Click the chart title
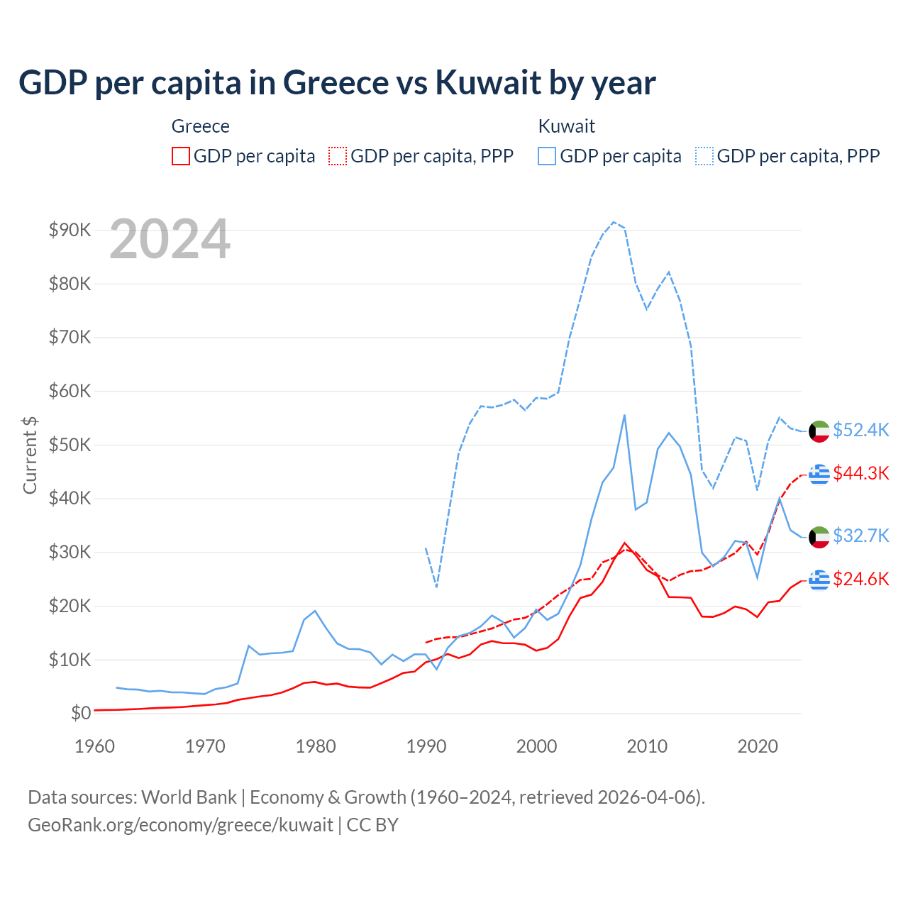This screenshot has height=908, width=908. coord(337,83)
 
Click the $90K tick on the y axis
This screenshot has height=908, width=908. coord(70,230)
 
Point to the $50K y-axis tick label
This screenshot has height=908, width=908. coord(70,445)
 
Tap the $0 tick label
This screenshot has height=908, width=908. coord(80,713)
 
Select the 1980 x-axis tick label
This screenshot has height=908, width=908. coord(316,746)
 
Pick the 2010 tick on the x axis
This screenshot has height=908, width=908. coord(647,746)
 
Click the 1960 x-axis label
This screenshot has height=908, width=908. coord(94,746)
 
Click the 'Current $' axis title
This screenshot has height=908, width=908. coord(30,455)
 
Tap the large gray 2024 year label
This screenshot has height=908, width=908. coord(170,239)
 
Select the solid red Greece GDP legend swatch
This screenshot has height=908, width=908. coord(181,156)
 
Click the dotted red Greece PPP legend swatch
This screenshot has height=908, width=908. coord(338,156)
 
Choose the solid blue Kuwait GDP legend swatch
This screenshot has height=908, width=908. coord(547,156)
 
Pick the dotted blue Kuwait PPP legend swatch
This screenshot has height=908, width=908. coord(704,156)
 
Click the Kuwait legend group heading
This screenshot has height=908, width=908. coord(566,126)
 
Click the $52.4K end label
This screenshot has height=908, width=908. coord(860,431)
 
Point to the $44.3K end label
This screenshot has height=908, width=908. coord(860,473)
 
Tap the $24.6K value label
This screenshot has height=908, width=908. coord(860,580)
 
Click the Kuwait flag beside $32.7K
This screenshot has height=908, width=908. coord(819,536)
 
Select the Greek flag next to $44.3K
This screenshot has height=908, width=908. coord(819,473)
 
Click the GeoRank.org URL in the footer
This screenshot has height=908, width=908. coord(180,825)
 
